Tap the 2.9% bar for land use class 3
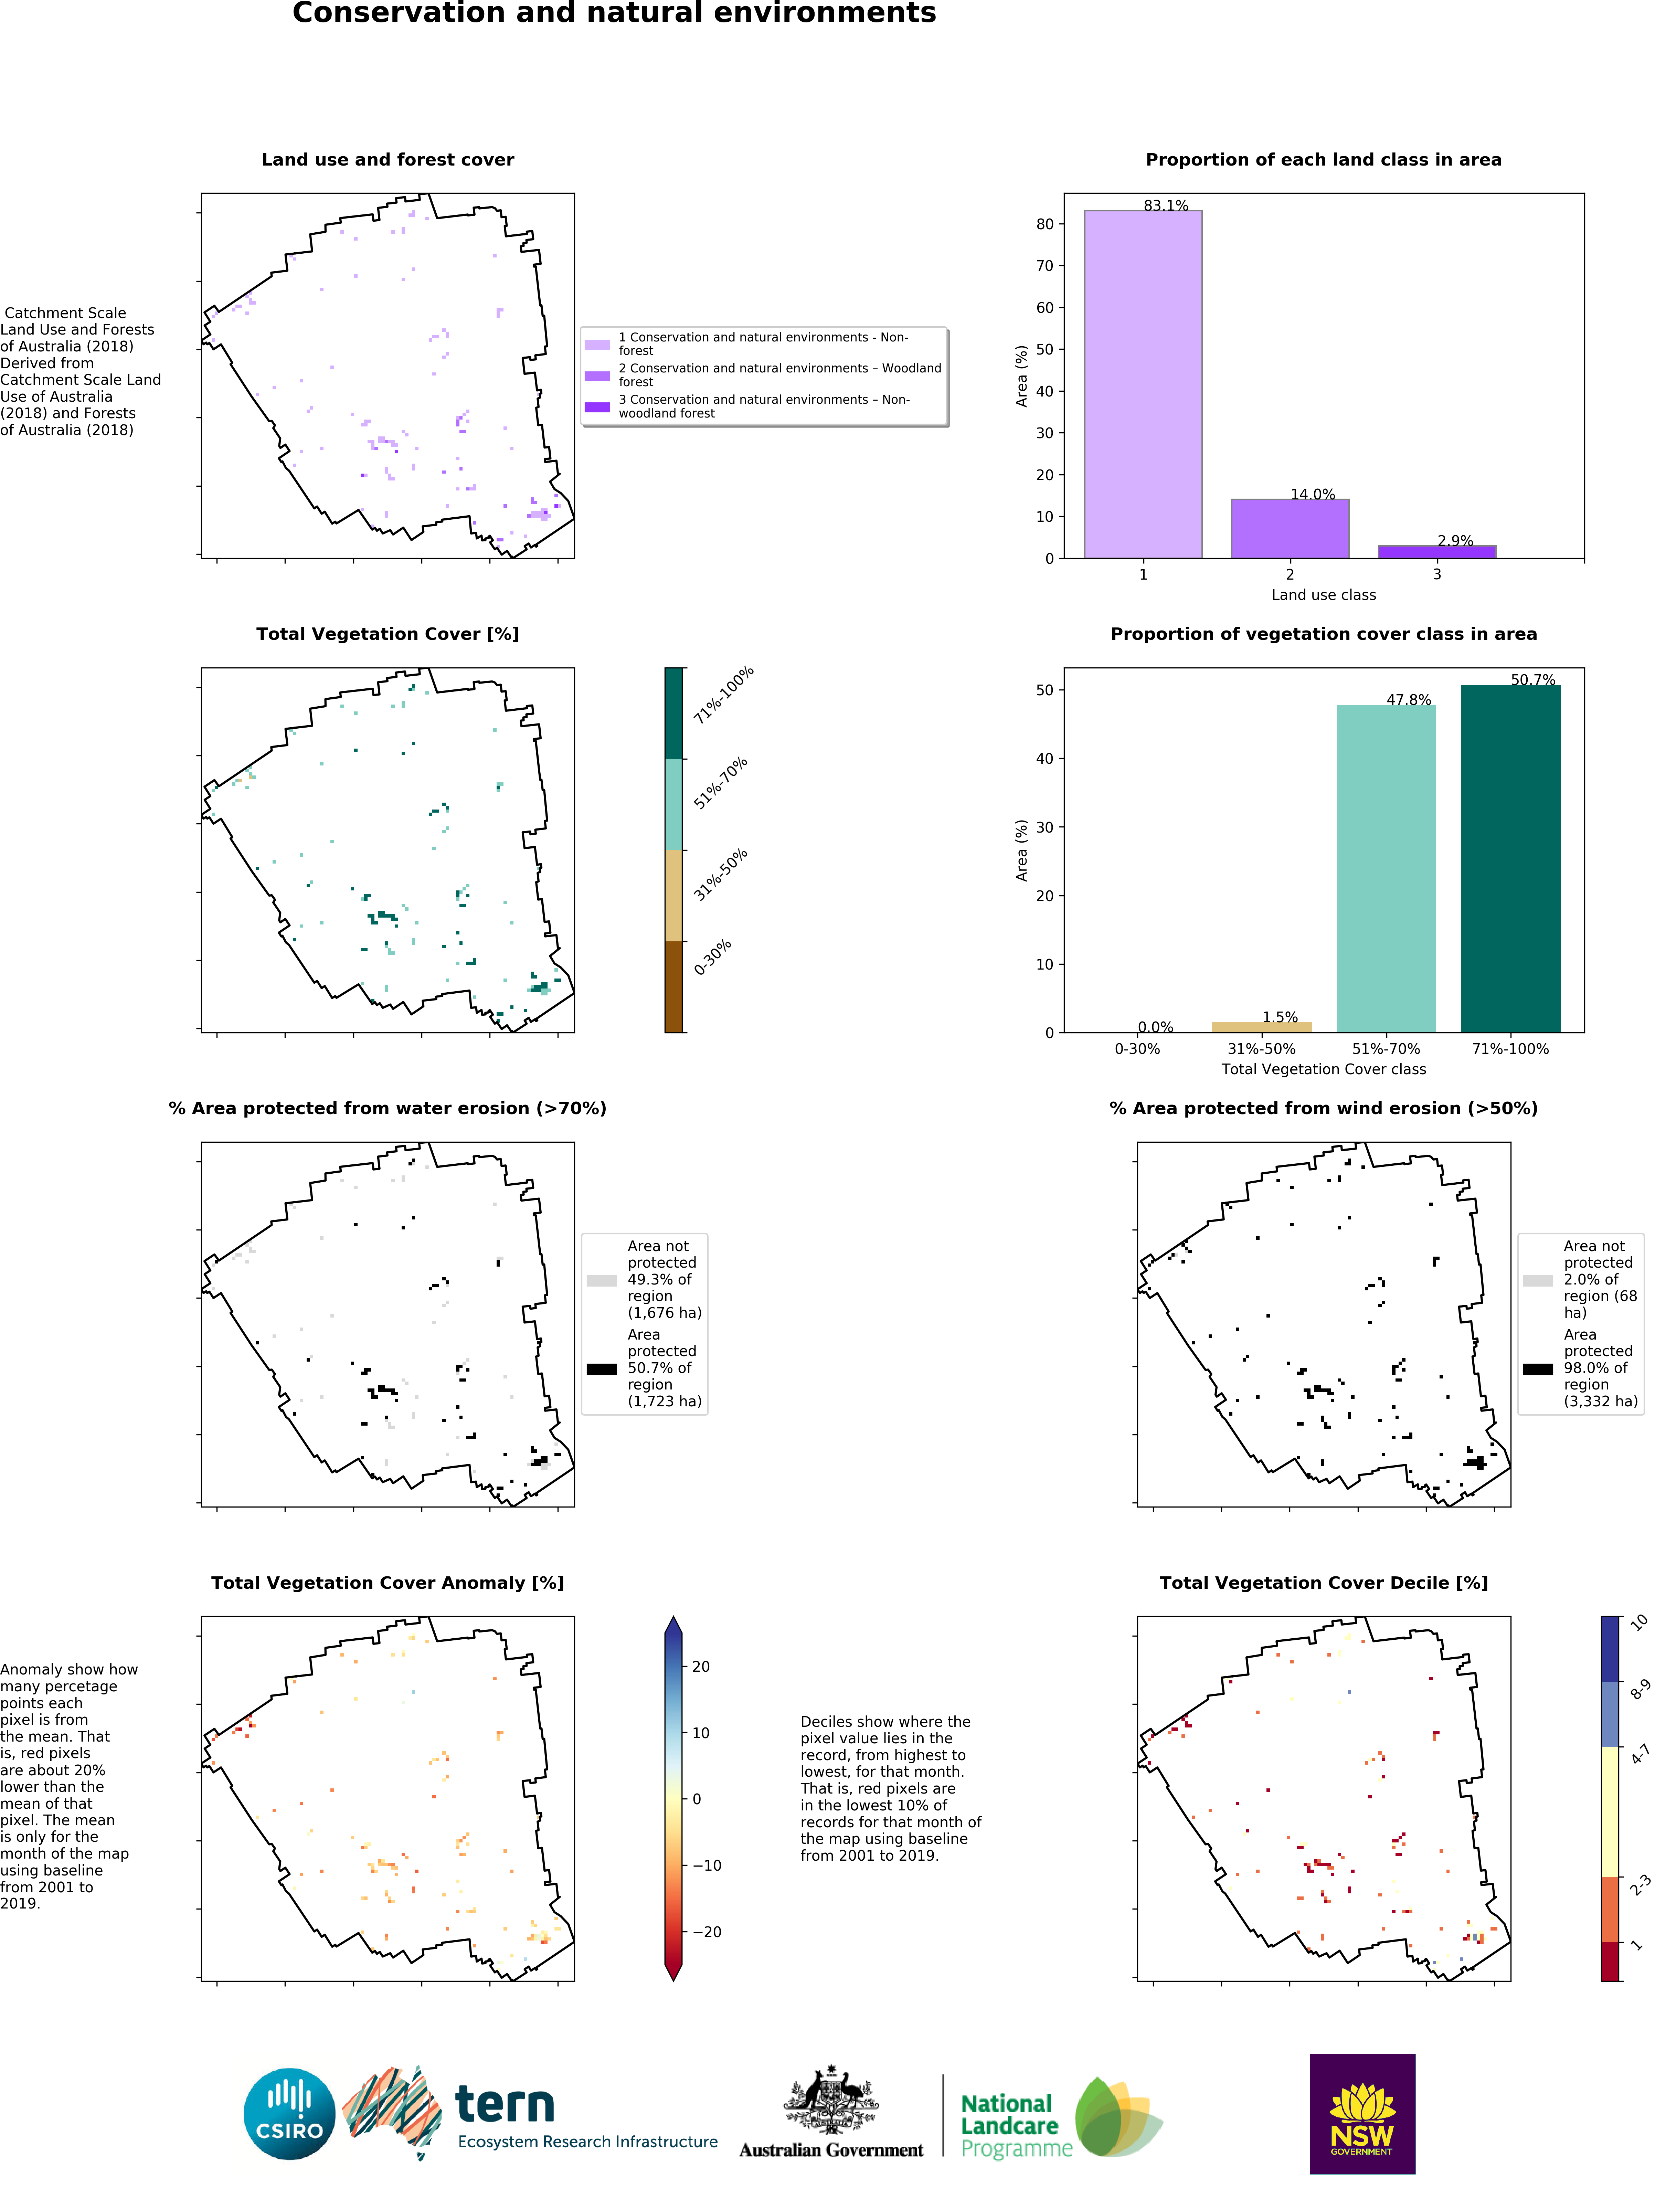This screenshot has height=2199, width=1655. [1436, 552]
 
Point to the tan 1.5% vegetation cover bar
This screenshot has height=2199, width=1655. [1261, 1027]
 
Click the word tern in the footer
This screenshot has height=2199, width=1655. [505, 2104]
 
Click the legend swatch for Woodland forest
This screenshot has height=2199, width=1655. [596, 376]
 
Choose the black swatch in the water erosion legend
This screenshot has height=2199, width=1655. [601, 1369]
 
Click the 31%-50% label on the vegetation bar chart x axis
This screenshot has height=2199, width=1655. [1261, 1049]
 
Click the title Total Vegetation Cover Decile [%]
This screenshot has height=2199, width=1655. [1323, 1583]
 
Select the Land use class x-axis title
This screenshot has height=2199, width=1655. [1323, 594]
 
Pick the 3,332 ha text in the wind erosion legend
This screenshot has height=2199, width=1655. [1600, 1401]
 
